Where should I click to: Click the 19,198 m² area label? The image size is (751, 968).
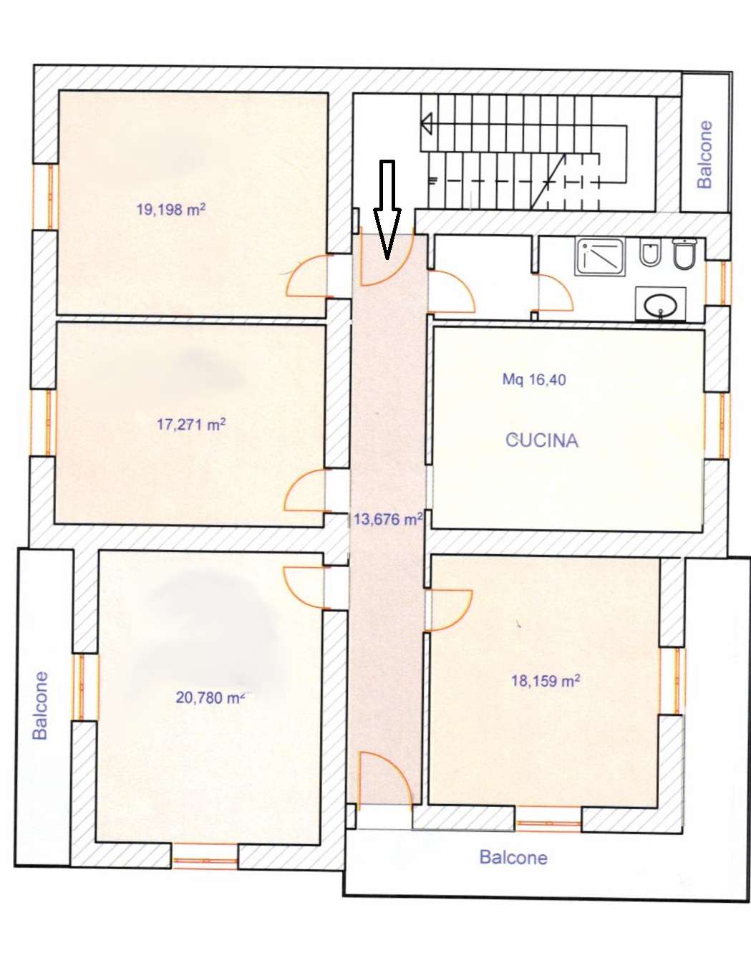(x=171, y=209)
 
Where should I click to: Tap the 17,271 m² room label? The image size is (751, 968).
(x=191, y=424)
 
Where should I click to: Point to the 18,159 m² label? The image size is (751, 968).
(x=546, y=681)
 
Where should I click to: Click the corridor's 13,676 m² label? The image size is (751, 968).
(x=388, y=519)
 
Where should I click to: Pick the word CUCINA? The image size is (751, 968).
(x=542, y=440)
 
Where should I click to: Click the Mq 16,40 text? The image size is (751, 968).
(x=534, y=379)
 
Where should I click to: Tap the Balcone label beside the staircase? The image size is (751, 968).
(x=704, y=154)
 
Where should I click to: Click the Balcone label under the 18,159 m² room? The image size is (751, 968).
(x=513, y=857)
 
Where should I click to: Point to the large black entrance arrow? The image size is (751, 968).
(x=387, y=209)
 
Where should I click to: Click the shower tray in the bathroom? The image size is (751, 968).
(x=601, y=256)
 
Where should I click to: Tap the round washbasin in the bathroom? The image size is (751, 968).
(x=661, y=306)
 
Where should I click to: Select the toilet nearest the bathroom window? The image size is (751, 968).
(x=684, y=253)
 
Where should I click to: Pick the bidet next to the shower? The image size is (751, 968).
(x=648, y=254)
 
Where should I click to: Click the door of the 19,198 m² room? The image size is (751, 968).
(x=309, y=276)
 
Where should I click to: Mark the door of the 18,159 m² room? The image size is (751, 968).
(x=448, y=610)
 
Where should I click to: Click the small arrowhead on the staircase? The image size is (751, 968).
(x=426, y=124)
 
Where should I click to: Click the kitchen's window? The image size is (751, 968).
(x=718, y=427)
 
